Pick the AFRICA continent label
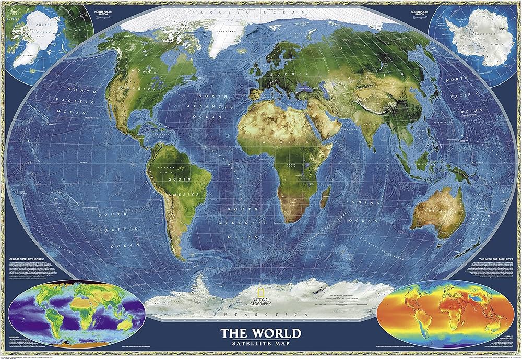coord(268,141)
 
